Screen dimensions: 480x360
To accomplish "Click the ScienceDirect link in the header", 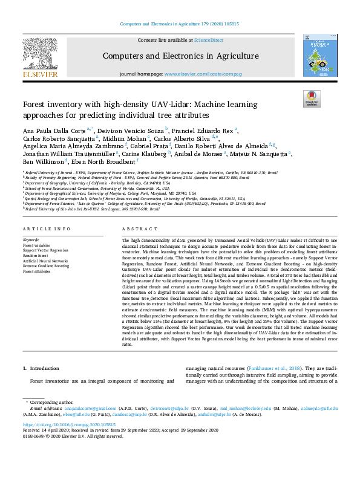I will point(208,40).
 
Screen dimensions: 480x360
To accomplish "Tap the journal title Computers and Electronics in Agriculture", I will point(180,56).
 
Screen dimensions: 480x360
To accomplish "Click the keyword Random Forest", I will point(35,255).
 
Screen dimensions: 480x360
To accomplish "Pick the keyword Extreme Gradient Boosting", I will point(46,265).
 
